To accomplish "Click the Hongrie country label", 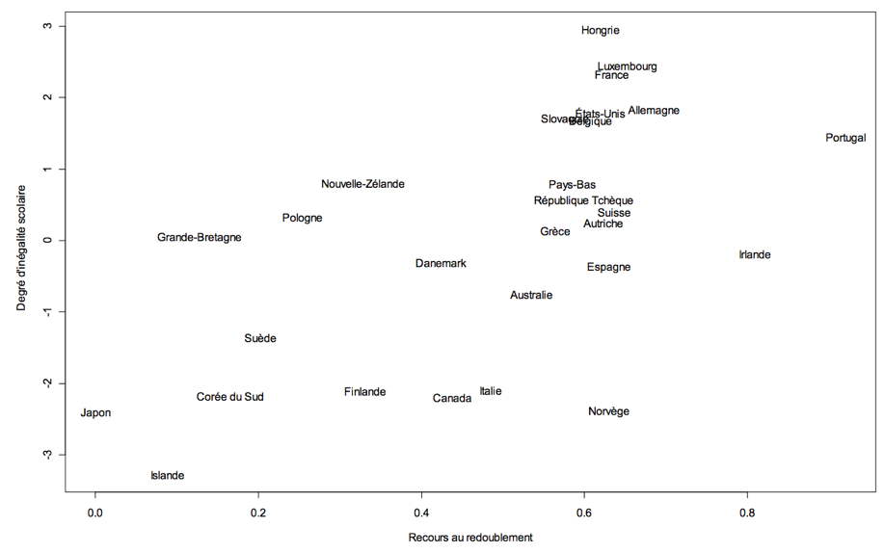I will pos(601,31).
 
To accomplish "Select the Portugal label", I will pos(845,138).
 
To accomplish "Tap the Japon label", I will pos(95,413).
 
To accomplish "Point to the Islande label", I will pos(167,476).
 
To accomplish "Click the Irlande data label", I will pos(755,255).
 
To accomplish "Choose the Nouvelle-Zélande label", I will pos(362,184).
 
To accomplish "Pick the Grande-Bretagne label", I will pos(200,238).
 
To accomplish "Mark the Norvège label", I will pos(608,412).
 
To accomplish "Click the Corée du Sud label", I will pos(229,397).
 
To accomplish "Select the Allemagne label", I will pos(654,111).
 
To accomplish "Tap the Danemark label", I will pos(441,264).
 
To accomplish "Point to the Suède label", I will pos(260,339).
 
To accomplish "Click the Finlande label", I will pos(364,392).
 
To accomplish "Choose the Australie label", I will pos(531,296).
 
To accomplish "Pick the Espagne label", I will pos(608,268).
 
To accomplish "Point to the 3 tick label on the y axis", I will pos(45,26).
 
